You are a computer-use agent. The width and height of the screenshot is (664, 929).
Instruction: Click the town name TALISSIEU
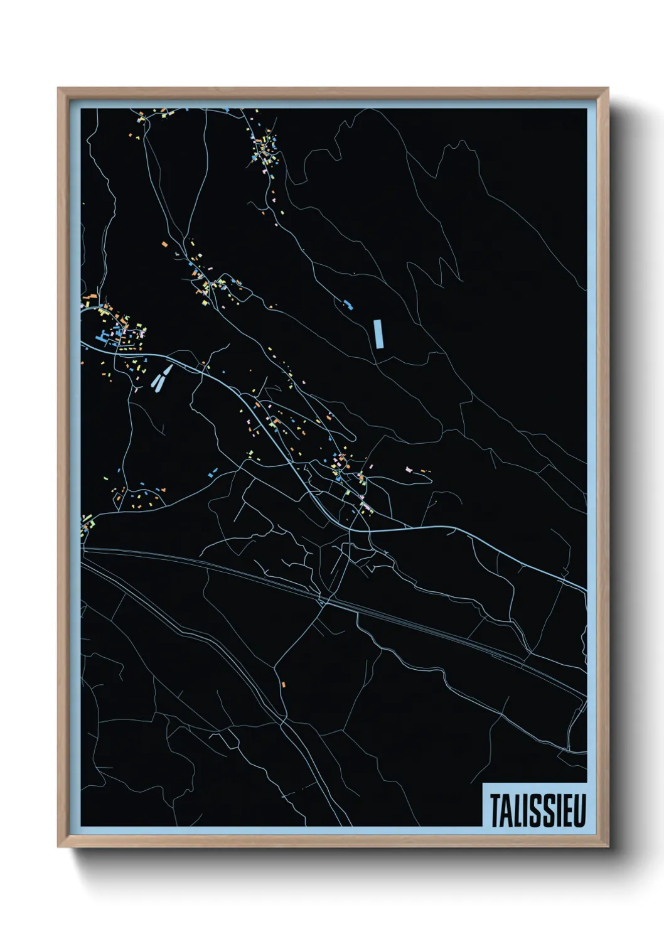pos(537,810)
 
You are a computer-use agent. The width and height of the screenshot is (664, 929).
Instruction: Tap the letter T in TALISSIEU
pos(495,811)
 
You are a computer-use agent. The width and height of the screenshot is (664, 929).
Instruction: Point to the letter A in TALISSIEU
pos(506,811)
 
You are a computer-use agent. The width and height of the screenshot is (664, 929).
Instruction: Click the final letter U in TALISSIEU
pos(578,811)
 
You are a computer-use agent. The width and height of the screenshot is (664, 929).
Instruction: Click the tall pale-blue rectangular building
pos(378,333)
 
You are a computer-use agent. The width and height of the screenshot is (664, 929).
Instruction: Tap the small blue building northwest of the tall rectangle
pos(348,305)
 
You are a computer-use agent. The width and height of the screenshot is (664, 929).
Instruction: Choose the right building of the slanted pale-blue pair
pos(166,375)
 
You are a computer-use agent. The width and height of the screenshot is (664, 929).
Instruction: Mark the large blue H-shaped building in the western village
pos(101,340)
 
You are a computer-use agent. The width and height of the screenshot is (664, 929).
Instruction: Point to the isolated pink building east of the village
pos(409,468)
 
